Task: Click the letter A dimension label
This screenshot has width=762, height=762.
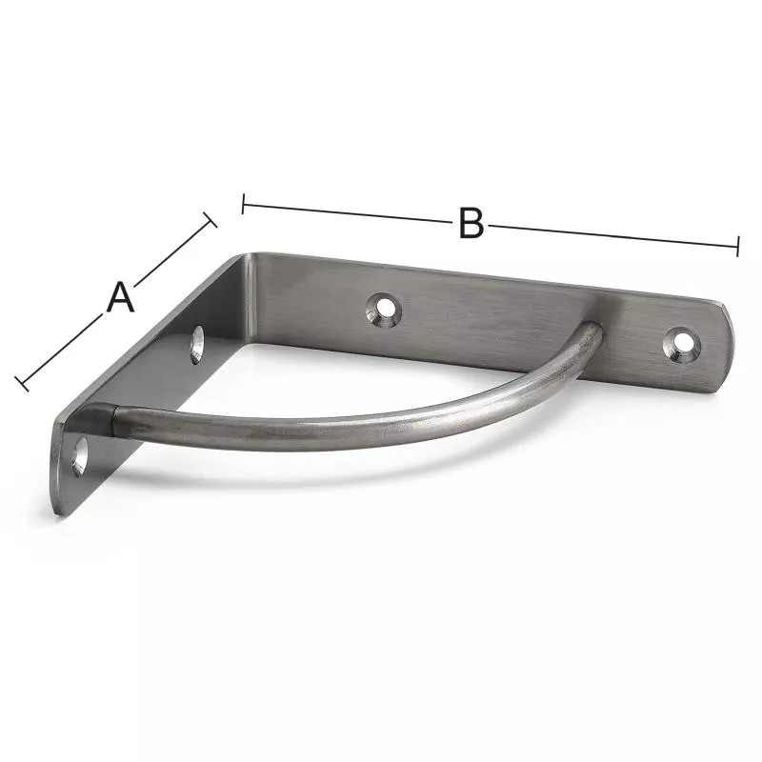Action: (x=120, y=297)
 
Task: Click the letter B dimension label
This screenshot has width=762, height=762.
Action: (x=471, y=223)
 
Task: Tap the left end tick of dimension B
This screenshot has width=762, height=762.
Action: (x=243, y=204)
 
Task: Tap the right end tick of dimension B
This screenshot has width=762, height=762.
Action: (x=737, y=246)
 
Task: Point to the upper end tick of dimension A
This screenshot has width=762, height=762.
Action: (x=210, y=219)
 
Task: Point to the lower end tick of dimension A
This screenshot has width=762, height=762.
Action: (x=22, y=384)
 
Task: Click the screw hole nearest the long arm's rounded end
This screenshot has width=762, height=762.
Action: (x=682, y=345)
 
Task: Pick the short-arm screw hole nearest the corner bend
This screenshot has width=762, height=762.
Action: (x=197, y=345)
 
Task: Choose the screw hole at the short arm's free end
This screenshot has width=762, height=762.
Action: (x=79, y=456)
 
